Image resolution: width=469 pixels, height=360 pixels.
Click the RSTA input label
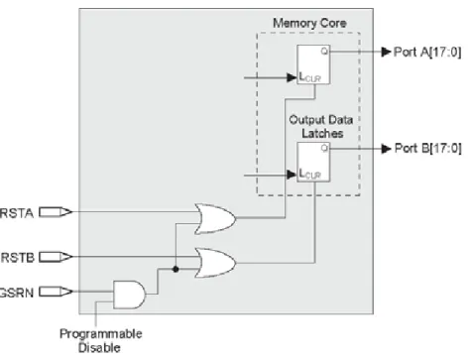point(17,213)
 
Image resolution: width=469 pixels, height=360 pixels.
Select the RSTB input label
point(18,258)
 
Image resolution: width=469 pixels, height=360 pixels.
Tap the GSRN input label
point(17,293)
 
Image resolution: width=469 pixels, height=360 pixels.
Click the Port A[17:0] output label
point(427,52)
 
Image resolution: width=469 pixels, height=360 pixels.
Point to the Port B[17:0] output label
point(428,148)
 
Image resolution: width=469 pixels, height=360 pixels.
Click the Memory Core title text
point(309,23)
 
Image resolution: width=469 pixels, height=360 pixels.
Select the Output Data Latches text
point(321,126)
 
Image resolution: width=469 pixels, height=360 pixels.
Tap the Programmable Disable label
point(101,340)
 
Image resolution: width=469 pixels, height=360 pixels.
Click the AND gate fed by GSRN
point(129,295)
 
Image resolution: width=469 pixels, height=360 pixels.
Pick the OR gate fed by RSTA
point(215,219)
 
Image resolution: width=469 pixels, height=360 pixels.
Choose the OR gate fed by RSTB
point(215,263)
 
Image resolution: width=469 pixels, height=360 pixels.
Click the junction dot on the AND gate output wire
point(176,269)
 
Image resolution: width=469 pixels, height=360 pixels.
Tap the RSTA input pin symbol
point(56,212)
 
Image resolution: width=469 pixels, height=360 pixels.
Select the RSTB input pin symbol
point(56,257)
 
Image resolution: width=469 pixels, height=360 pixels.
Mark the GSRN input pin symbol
point(56,292)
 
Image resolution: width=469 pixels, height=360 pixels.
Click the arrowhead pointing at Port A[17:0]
point(386,52)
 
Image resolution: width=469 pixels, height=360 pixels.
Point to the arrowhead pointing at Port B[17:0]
point(386,149)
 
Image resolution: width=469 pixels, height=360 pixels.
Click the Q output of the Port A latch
point(324,51)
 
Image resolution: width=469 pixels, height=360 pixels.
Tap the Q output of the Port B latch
point(324,148)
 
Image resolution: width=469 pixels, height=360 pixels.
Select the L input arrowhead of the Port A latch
point(292,77)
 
